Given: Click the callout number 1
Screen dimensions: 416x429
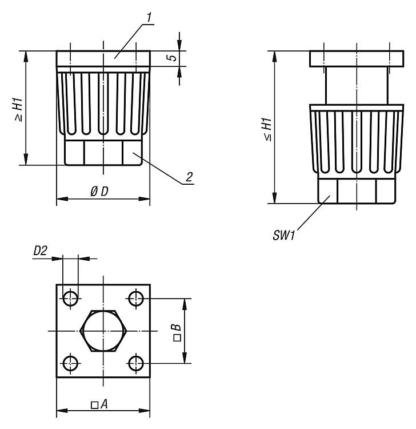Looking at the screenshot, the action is (x=149, y=18).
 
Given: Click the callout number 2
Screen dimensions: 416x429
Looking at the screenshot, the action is (x=189, y=177).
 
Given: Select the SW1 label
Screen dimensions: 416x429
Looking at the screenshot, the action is (x=284, y=235).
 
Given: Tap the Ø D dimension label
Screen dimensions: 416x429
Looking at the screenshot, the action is (x=99, y=192).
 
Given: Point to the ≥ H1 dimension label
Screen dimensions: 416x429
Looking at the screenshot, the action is (x=19, y=110).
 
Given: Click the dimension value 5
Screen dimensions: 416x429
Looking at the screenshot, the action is (x=173, y=58).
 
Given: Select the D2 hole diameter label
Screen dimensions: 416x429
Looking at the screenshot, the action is (x=40, y=251).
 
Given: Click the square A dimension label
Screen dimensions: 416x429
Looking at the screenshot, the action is (x=99, y=404).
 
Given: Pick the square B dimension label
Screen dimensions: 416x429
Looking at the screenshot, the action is (x=177, y=332).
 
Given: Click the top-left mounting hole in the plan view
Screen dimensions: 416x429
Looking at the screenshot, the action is (x=70, y=298).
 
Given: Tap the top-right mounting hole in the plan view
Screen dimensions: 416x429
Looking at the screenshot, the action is (x=136, y=298).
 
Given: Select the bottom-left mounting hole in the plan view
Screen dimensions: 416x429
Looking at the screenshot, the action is (x=70, y=364).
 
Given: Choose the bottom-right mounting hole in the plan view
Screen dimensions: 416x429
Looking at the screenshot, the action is (x=136, y=364).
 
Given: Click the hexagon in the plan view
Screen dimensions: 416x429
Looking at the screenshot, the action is (x=103, y=331).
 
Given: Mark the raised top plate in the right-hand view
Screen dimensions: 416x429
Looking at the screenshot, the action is (x=357, y=59).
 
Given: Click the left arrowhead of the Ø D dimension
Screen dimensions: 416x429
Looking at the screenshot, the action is (x=62, y=199).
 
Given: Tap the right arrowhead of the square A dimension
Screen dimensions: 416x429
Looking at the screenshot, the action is (x=145, y=411).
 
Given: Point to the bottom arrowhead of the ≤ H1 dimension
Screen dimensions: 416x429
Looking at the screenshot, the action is (x=274, y=198).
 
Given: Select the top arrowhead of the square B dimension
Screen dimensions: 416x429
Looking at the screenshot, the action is (x=185, y=304).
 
